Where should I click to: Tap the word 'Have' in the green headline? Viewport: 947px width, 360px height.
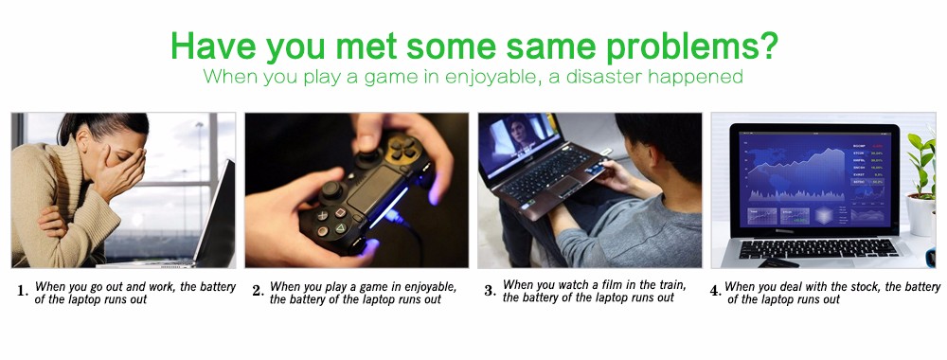(x=214, y=45)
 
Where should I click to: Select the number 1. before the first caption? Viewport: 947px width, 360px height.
(x=23, y=291)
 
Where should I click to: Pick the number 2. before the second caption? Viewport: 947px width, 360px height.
(x=259, y=291)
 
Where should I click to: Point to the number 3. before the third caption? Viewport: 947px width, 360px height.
(x=490, y=291)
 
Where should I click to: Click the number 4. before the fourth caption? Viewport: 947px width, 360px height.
(x=716, y=291)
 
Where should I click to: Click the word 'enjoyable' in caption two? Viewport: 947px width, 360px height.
(x=420, y=287)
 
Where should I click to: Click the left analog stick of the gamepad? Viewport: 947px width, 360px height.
(x=331, y=190)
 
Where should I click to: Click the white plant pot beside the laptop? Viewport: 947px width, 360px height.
(x=921, y=214)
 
